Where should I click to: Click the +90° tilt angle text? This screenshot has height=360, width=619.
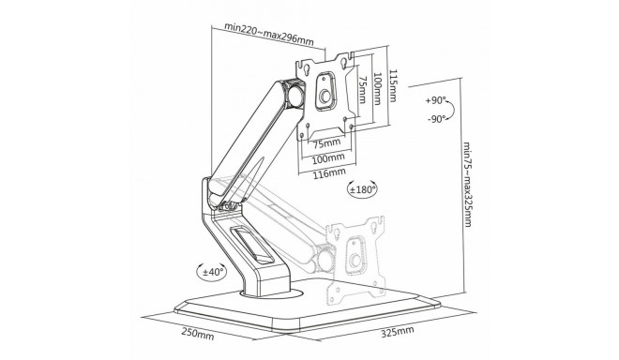[434, 99]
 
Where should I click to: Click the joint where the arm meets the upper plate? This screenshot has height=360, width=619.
[294, 95]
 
